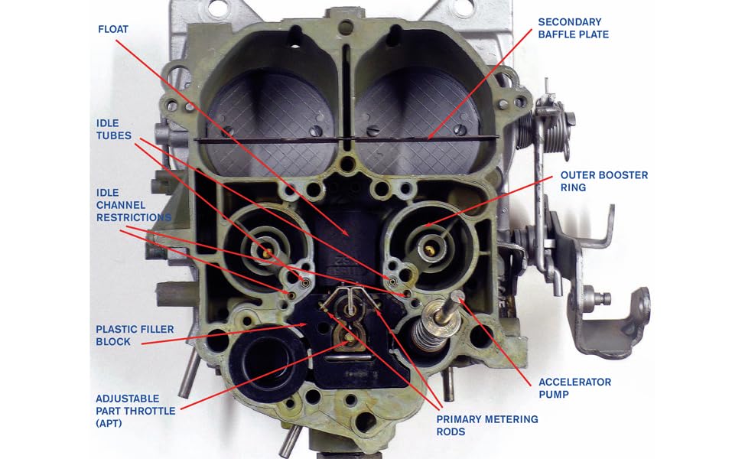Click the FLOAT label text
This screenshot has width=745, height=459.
113,29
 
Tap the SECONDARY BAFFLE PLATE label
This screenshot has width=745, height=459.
573,28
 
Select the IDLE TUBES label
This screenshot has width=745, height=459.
113,129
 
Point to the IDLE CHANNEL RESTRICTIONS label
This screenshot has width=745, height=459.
134,205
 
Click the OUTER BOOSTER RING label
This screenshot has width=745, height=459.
604,181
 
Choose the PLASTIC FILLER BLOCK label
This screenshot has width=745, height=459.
135,335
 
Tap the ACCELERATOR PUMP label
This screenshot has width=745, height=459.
574,388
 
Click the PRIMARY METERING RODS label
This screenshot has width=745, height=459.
487,425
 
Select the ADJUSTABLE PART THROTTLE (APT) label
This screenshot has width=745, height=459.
135,411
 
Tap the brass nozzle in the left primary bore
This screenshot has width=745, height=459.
266,252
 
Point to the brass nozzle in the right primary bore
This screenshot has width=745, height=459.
429,250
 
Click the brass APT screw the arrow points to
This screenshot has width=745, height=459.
350,338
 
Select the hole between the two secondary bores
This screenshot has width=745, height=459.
348,164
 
